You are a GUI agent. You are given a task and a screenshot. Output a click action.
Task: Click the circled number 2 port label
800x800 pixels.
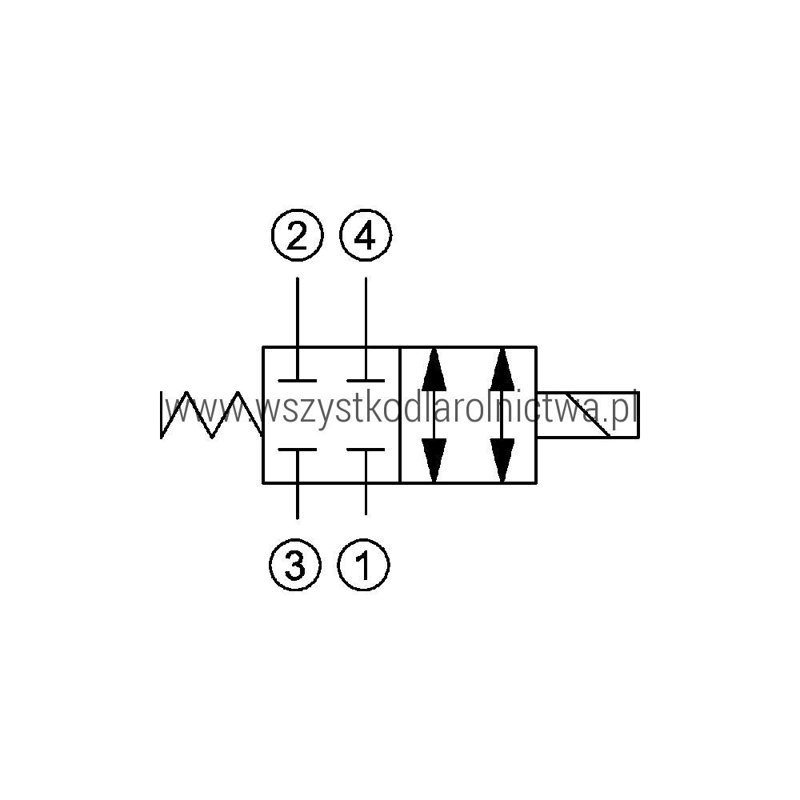[298, 235]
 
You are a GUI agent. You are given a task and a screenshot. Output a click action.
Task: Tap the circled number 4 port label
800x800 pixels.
[366, 235]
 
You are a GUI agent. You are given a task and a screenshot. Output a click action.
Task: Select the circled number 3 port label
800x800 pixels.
[295, 565]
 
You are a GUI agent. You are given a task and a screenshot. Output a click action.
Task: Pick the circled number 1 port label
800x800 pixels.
[363, 565]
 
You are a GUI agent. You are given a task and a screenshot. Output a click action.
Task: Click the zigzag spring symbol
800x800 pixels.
[212, 414]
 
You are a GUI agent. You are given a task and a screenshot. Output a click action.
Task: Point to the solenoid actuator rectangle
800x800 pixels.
[588, 414]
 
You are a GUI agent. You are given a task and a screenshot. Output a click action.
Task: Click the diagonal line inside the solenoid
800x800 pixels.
[587, 414]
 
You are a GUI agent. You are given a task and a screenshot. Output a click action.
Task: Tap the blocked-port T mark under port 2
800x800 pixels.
[298, 381]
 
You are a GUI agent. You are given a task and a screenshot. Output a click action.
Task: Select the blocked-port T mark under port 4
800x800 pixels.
[366, 381]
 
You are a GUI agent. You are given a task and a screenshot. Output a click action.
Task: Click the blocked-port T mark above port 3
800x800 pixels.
[298, 450]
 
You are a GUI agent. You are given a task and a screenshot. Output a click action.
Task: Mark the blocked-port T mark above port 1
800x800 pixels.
[366, 450]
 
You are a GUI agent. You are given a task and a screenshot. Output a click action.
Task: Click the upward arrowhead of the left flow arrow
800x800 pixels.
[434, 370]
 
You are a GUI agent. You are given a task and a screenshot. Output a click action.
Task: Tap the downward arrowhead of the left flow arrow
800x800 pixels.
[434, 460]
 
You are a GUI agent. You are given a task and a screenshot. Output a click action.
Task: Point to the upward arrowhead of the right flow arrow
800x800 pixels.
[502, 370]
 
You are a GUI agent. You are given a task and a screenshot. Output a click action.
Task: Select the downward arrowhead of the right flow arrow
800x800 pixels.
[502, 460]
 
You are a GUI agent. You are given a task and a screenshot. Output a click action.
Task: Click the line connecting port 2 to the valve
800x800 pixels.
[298, 312]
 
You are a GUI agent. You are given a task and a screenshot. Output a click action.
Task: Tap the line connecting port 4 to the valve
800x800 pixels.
[366, 312]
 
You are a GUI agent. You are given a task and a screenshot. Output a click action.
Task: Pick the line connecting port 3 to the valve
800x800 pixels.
[298, 501]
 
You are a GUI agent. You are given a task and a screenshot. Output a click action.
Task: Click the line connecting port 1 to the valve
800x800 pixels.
[366, 499]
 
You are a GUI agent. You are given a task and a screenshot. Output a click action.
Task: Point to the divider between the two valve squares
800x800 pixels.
[400, 414]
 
